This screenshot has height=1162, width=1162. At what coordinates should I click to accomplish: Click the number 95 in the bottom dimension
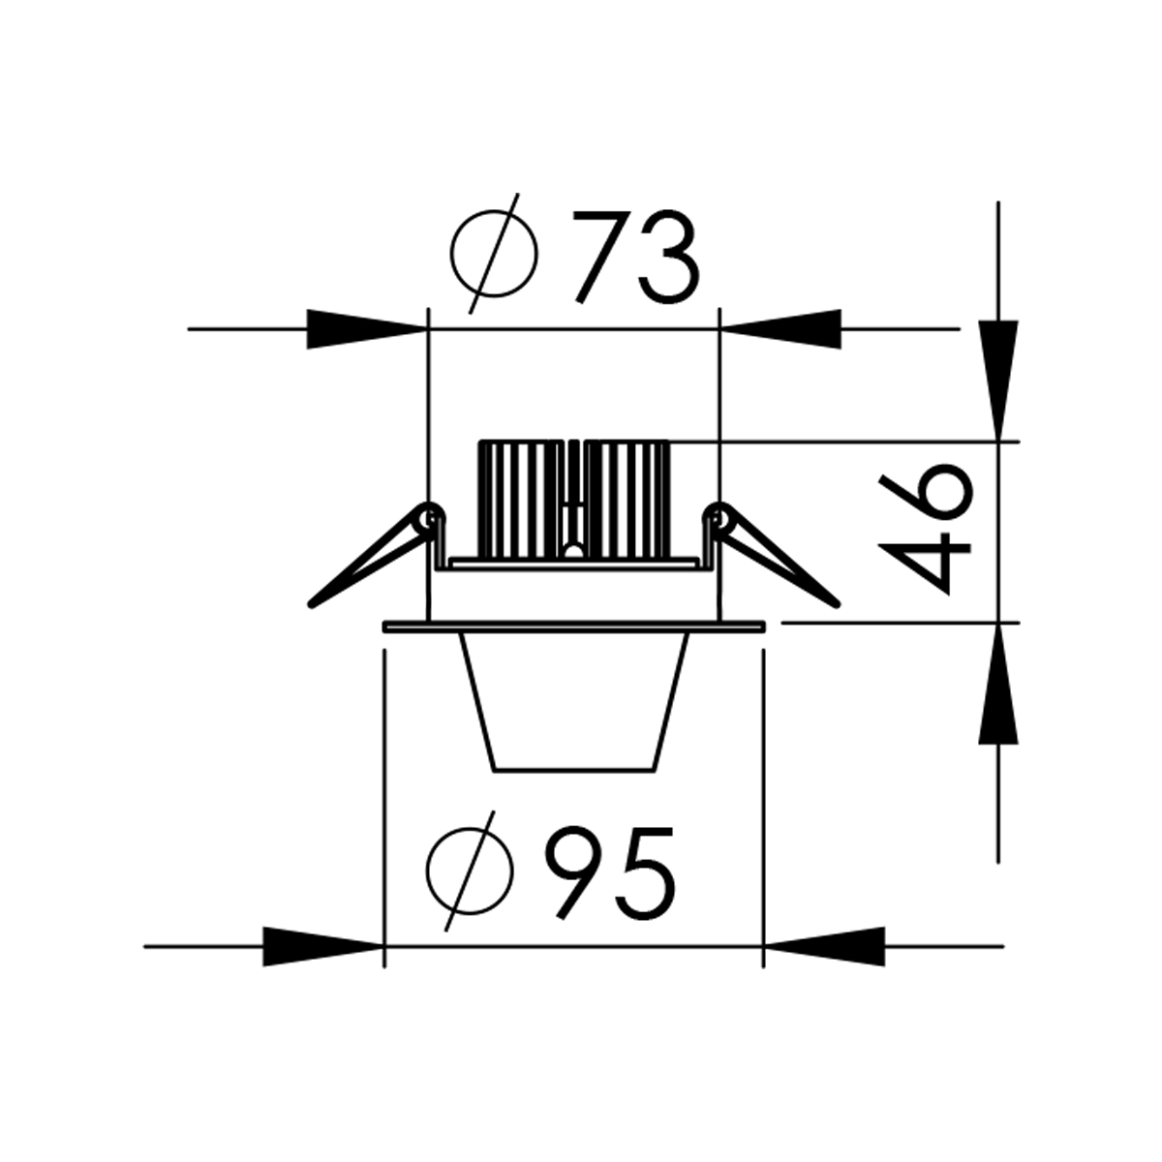(609, 874)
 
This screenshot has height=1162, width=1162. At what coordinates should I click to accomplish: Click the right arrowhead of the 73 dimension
(782, 329)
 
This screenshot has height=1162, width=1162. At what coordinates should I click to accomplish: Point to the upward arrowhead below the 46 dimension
(997, 683)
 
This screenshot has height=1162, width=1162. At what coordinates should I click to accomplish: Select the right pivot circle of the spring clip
(718, 516)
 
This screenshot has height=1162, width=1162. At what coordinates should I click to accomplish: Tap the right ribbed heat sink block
(627, 499)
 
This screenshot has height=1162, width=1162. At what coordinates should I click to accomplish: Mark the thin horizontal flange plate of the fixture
(574, 627)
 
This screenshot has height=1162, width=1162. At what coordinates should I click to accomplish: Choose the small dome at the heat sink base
(573, 552)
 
